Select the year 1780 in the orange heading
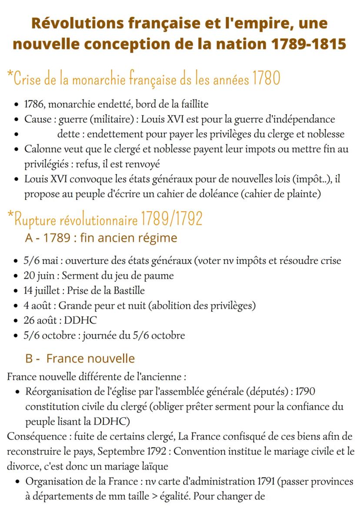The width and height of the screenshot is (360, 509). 265,79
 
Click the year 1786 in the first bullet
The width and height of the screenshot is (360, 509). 34,104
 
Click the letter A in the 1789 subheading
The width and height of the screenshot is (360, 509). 29,238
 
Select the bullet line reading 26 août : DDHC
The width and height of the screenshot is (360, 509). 60,320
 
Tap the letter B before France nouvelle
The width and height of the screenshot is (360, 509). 29,359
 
